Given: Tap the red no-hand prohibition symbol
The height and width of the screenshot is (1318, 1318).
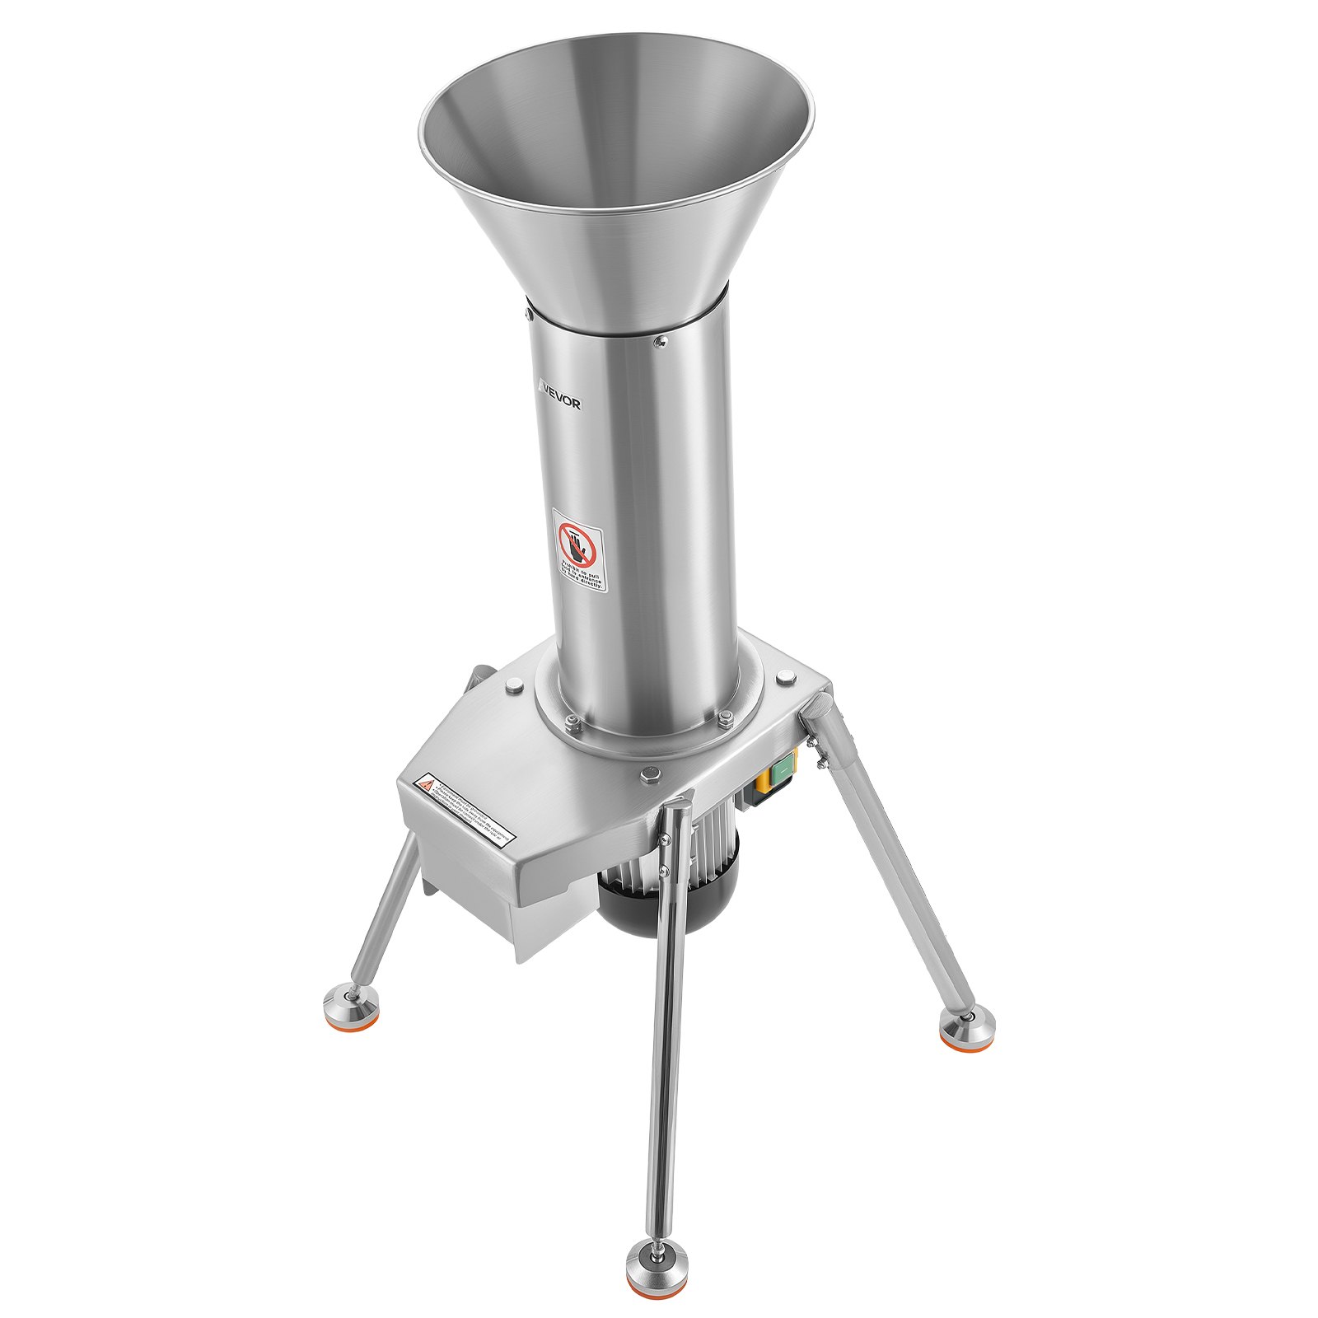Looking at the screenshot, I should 576,543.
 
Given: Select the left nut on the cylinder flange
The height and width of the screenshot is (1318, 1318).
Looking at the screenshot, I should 573,721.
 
